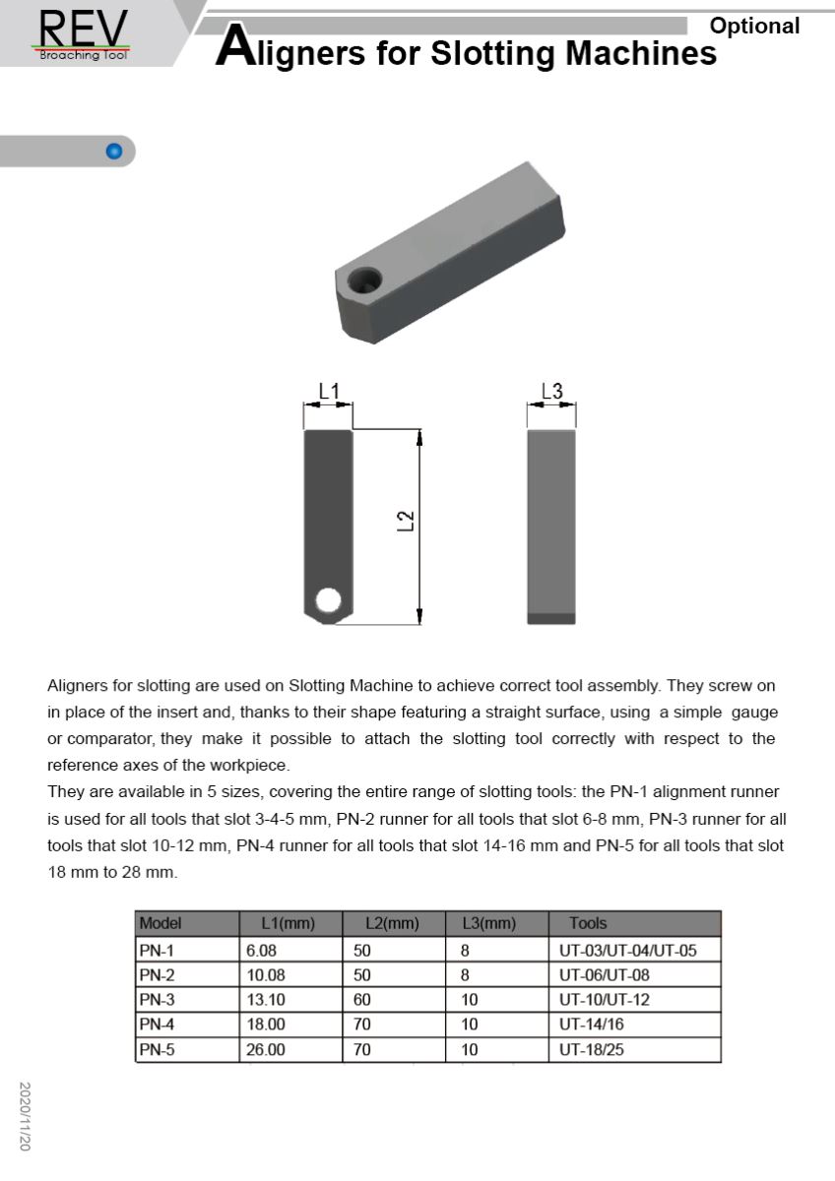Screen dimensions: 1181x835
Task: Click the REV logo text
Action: pyautogui.click(x=83, y=27)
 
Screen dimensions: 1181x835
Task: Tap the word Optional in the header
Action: pyautogui.click(x=754, y=27)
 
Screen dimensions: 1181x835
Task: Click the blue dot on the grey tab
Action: pyautogui.click(x=113, y=152)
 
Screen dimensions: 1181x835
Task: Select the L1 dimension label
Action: pyautogui.click(x=328, y=393)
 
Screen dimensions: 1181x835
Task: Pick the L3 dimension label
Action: pyautogui.click(x=551, y=393)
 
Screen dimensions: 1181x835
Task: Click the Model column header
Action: pyautogui.click(x=161, y=923)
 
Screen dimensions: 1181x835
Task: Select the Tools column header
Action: pyautogui.click(x=588, y=923)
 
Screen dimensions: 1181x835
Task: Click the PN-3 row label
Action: pyautogui.click(x=157, y=1000)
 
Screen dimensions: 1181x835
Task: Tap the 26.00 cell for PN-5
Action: pyautogui.click(x=266, y=1050)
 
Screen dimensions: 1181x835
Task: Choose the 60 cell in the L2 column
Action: pyautogui.click(x=362, y=1000)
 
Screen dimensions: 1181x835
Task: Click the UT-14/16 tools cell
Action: pyautogui.click(x=592, y=1025)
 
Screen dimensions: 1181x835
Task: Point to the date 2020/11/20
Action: pyautogui.click(x=26, y=1116)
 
